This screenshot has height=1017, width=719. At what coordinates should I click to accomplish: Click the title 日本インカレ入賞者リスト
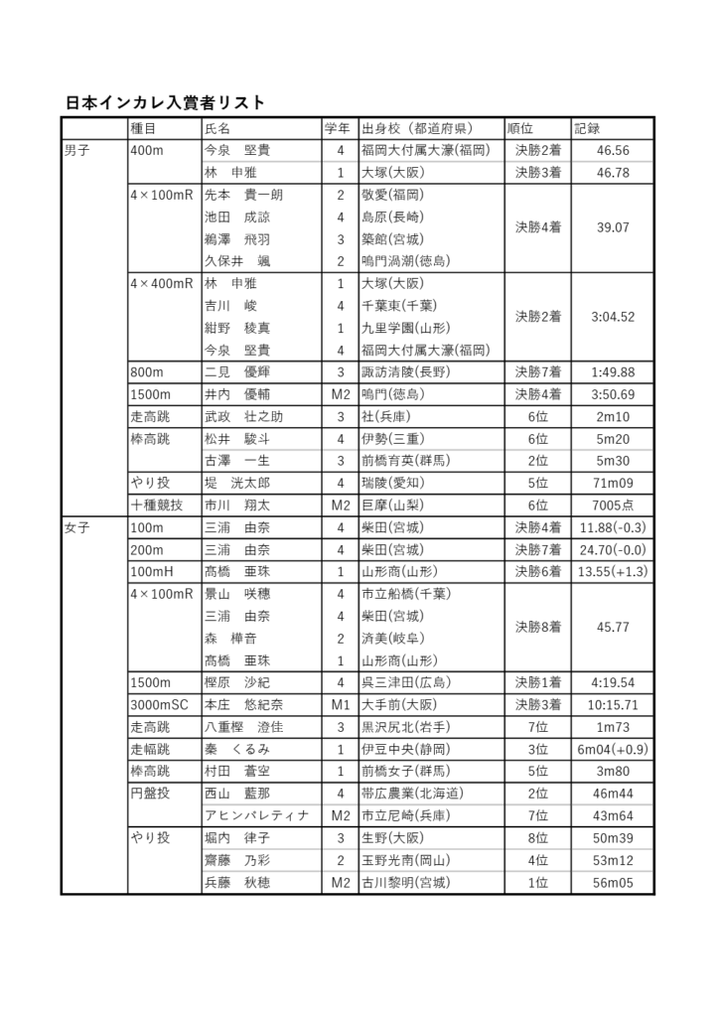pos(165,103)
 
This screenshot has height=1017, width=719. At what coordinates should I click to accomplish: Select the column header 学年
pos(338,128)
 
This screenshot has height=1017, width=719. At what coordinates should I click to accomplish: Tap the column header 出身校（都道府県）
pos(418,128)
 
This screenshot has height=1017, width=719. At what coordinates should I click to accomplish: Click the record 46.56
pos(612,151)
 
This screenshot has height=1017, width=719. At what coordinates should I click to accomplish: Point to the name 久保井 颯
pos(237,261)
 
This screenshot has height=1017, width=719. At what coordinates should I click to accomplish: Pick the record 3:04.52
pos(612,317)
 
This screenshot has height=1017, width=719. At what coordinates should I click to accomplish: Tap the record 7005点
pos(612,506)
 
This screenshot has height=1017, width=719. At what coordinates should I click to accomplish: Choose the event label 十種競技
pos(156,506)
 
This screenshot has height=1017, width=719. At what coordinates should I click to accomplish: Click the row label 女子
pos(76,528)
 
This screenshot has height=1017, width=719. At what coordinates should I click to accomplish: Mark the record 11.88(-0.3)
pos(612,528)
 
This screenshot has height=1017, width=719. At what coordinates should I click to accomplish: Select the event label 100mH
pos(152,572)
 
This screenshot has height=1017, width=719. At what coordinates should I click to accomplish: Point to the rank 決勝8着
pos(537,628)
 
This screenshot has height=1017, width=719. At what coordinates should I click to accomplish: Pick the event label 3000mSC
pos(158,705)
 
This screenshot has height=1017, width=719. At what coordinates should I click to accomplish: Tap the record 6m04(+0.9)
pos(612,750)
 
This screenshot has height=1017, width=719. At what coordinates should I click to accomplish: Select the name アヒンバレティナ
pos(256,816)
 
